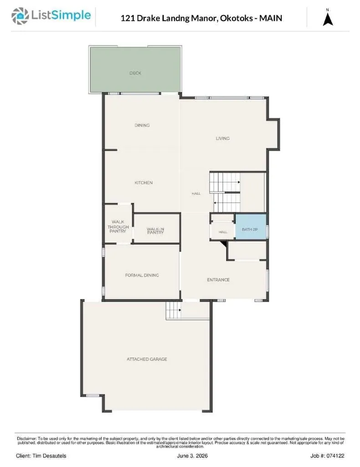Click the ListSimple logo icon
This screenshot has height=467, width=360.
tap(20, 16)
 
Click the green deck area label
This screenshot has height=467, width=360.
tap(135, 73)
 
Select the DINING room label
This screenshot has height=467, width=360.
tap(142, 125)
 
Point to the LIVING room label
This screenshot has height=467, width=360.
tap(222, 138)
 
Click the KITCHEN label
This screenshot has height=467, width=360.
tap(144, 182)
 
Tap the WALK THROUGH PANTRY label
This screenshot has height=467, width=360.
tap(118, 226)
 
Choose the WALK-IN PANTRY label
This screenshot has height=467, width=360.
tap(155, 231)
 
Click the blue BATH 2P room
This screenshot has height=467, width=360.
tap(251, 227)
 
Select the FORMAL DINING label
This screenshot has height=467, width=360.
tap(142, 275)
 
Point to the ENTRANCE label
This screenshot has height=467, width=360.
tap(218, 280)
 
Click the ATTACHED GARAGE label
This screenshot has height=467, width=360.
tap(147, 359)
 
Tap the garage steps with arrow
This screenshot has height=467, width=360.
tap(174, 310)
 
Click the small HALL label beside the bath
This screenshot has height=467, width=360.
tap(223, 232)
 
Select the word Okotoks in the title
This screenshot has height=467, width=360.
tap(236, 18)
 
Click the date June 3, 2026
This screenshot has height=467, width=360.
tap(192, 456)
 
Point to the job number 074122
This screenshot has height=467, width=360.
tap(335, 456)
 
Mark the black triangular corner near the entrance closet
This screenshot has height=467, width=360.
tap(225, 244)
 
